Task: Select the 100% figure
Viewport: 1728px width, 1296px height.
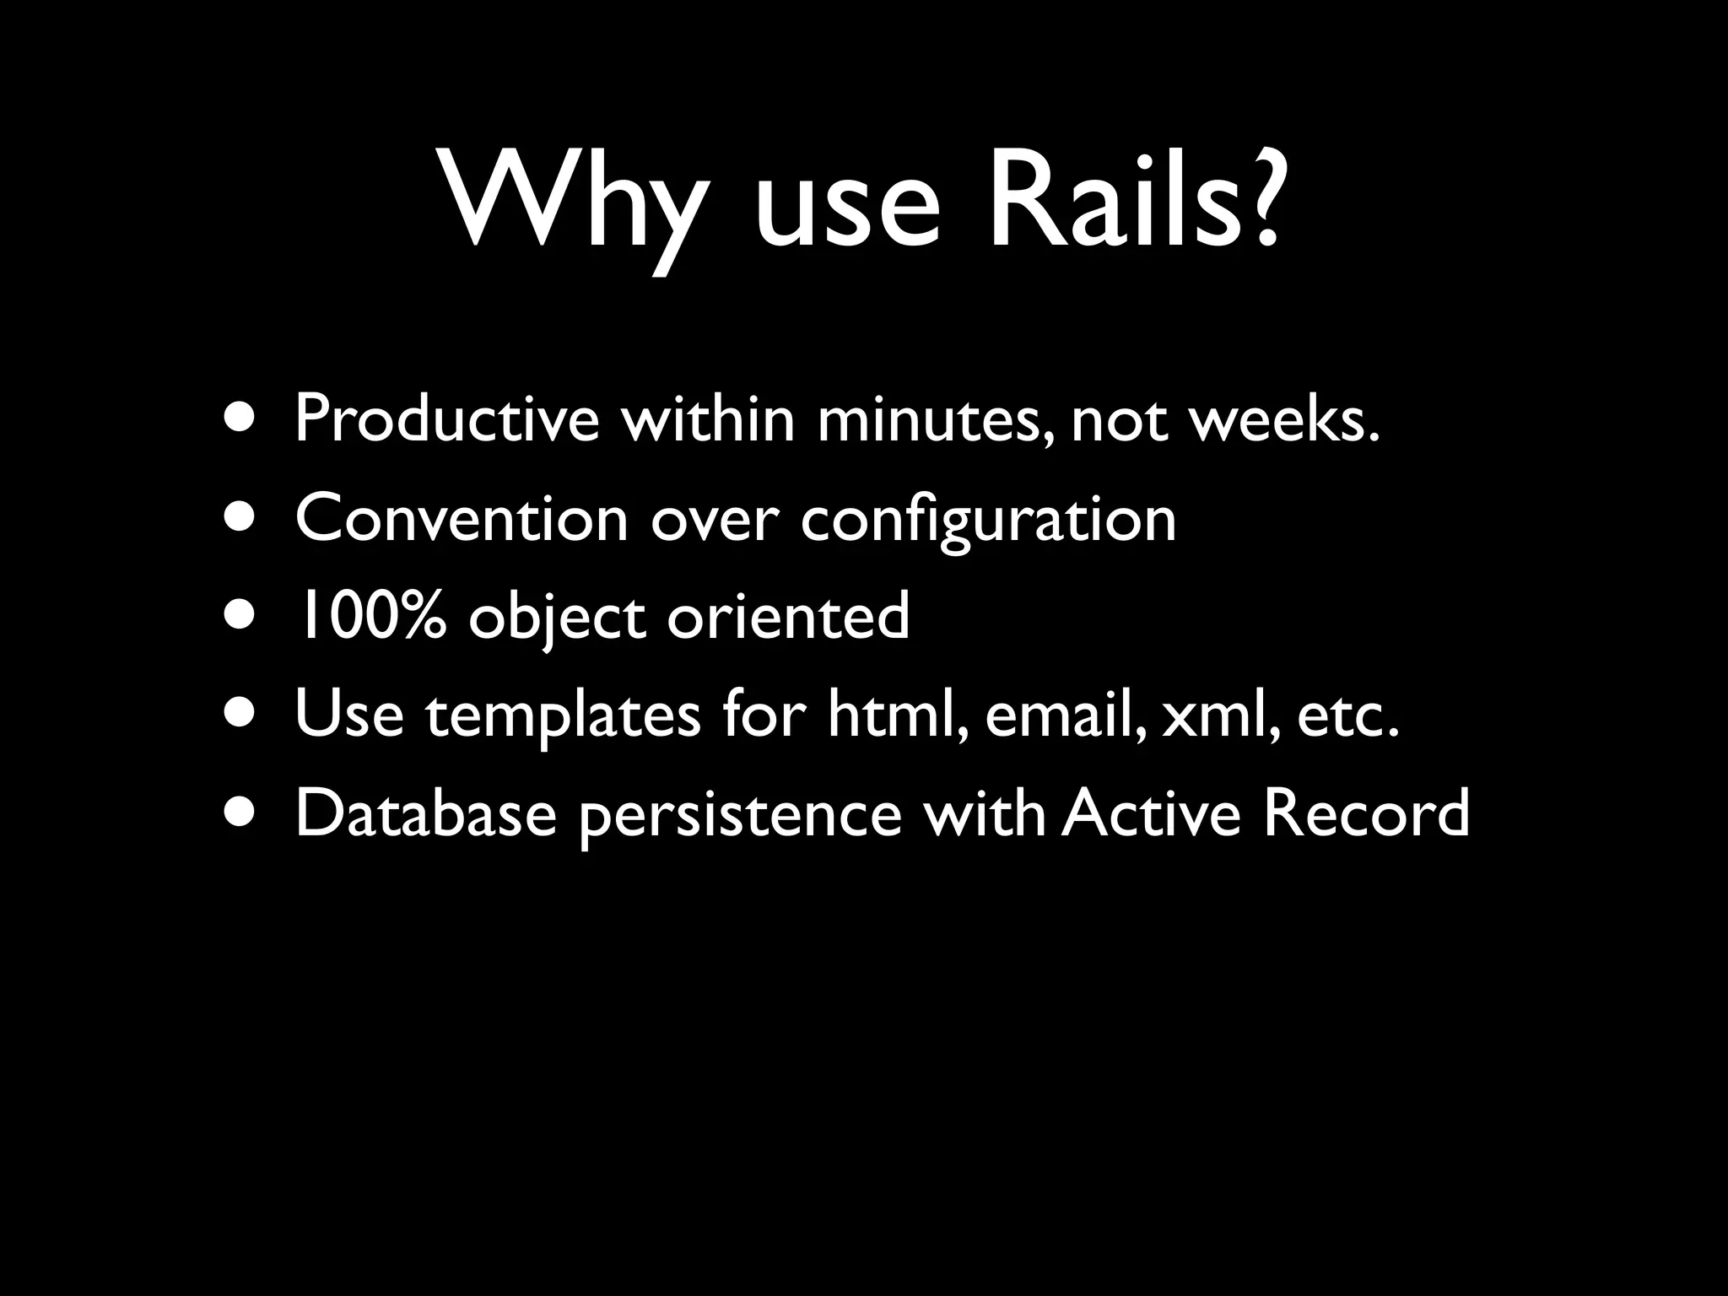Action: click(370, 616)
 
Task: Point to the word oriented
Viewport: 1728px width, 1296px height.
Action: click(788, 616)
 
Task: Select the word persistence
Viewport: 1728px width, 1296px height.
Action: click(741, 817)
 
